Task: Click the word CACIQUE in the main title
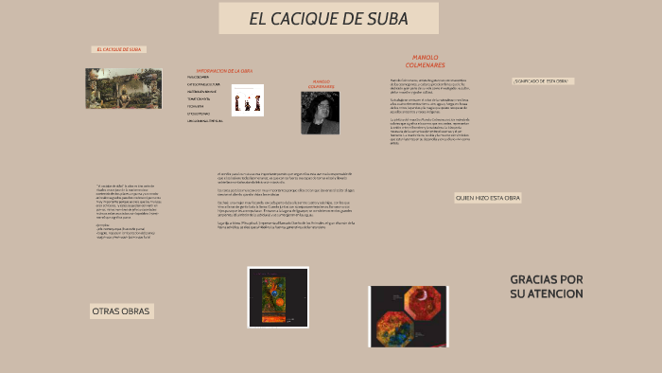[314, 19]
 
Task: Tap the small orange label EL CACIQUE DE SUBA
[119, 49]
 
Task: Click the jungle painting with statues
[123, 87]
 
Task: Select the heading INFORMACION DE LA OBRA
[224, 71]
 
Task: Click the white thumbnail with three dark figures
[248, 100]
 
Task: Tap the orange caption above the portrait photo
[321, 84]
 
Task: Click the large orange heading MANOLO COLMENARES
[419, 62]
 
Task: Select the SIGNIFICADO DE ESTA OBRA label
[543, 81]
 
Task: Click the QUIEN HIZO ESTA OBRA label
[487, 198]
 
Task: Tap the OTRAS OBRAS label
[120, 311]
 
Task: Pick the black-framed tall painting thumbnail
[278, 297]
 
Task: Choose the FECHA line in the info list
[197, 106]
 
